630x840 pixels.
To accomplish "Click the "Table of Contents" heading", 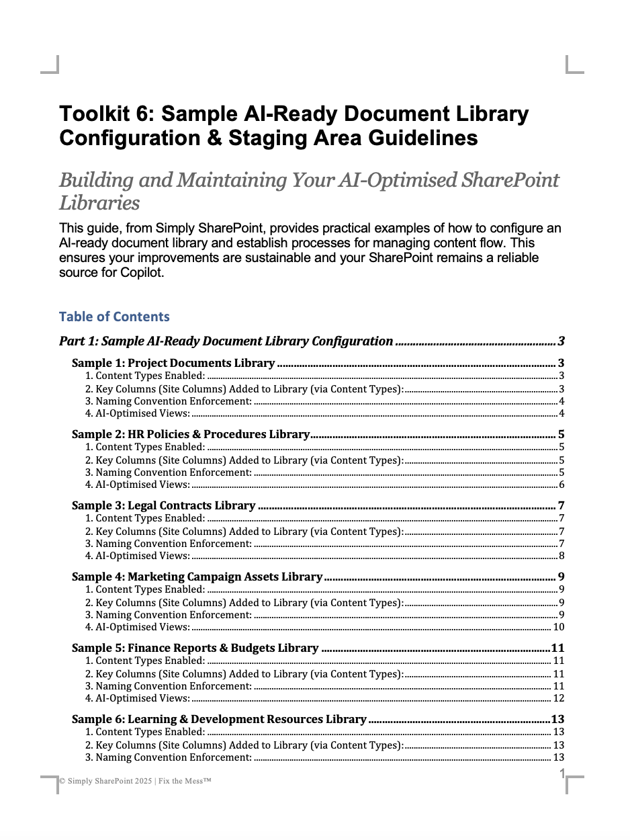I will coord(114,317).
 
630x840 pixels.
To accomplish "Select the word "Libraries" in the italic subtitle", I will coord(99,203).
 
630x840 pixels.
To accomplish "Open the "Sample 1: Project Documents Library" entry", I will coord(173,363).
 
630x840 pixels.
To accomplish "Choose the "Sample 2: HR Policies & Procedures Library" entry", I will coord(191,434).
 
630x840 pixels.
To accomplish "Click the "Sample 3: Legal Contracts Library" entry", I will coord(164,505).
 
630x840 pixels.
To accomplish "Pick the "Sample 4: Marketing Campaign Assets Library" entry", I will coord(197,577).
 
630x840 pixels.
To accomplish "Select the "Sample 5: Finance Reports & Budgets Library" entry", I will coord(195,648).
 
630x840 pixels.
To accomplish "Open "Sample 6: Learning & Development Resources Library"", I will coord(219,719).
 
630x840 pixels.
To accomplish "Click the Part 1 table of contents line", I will coord(226,341).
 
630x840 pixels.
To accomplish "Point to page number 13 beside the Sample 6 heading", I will coord(557,719).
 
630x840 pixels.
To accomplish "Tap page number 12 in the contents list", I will coord(558,698).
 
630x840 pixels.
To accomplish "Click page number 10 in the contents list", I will coord(558,627).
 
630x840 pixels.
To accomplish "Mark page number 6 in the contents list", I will coord(561,485).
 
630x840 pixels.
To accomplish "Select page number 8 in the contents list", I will coord(561,556).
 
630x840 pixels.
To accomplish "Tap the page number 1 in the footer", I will coord(562,774).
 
